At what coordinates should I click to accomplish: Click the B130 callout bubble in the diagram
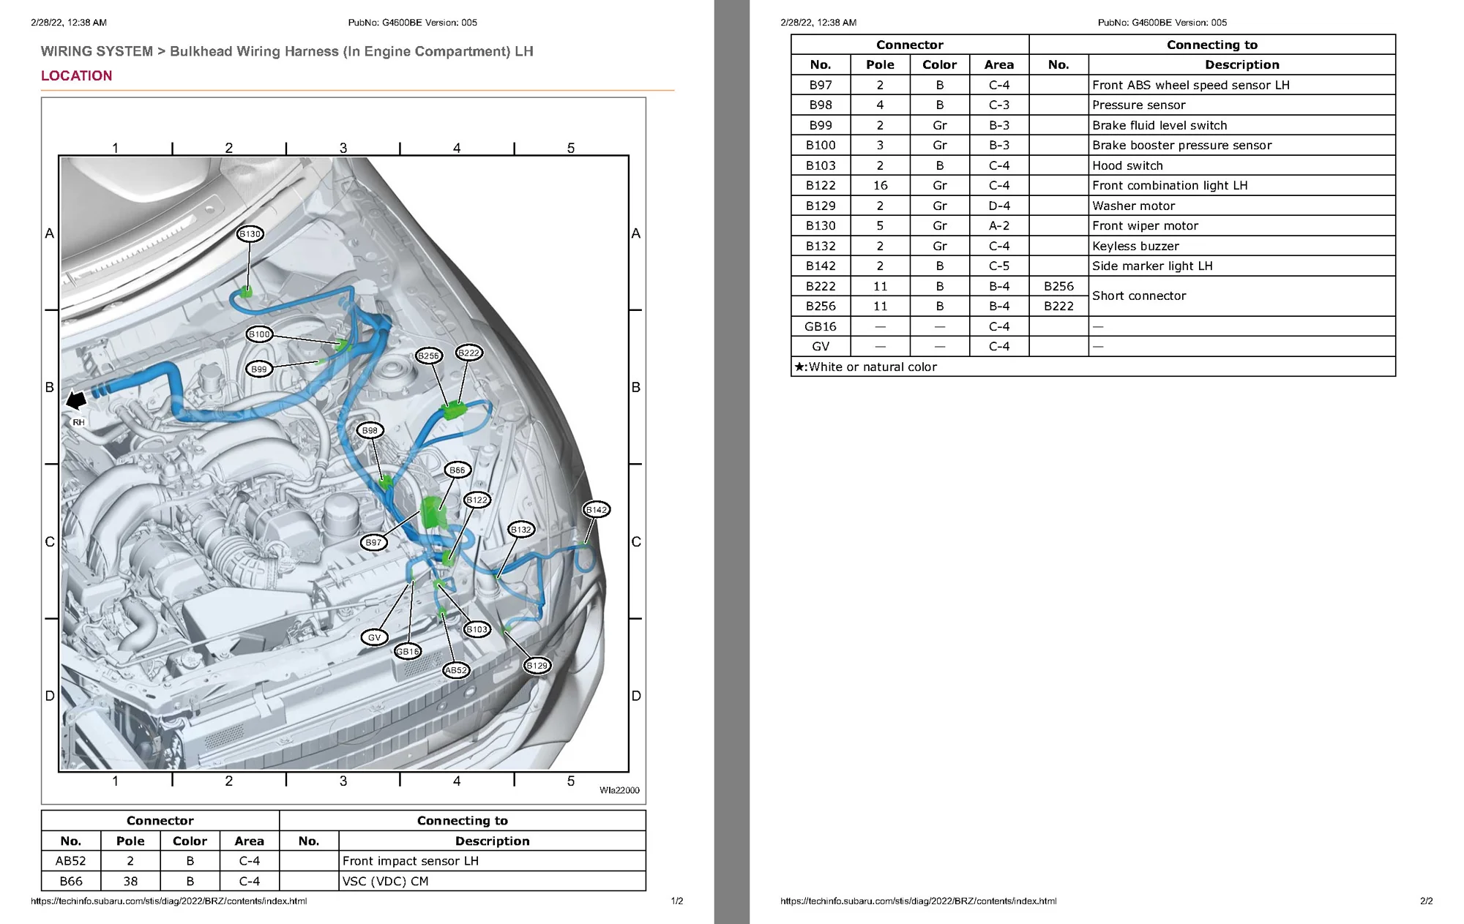(x=250, y=234)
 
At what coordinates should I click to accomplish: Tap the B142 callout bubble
(x=597, y=510)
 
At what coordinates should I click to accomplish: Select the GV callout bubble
(x=374, y=637)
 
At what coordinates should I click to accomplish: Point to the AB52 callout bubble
(x=456, y=670)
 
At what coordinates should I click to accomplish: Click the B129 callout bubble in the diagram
(x=537, y=666)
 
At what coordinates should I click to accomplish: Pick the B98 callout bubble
(x=370, y=431)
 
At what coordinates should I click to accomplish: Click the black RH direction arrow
(x=76, y=399)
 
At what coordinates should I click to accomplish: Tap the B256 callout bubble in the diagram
(x=428, y=356)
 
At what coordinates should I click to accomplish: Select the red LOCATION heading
(x=77, y=76)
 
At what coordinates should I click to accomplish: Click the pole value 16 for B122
(x=880, y=186)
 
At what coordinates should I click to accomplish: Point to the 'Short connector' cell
(x=1139, y=296)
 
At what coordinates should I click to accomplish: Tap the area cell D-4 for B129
(x=999, y=206)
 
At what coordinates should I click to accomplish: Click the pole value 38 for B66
(x=130, y=882)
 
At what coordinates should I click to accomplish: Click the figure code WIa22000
(x=619, y=790)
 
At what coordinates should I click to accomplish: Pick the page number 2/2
(x=1427, y=901)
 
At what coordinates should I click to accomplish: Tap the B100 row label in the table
(x=821, y=146)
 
